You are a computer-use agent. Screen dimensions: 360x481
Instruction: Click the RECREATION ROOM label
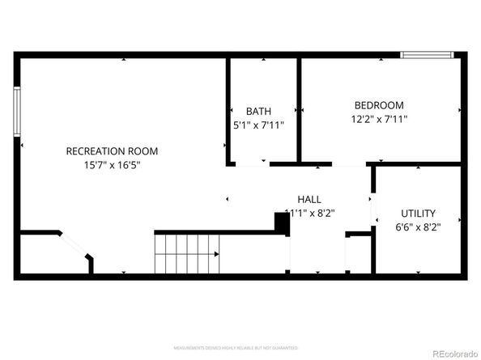click(112, 151)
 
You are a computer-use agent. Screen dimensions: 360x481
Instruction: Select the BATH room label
click(259, 112)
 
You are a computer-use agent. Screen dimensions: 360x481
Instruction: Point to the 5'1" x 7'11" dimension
click(259, 125)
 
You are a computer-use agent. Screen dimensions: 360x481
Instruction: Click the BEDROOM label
click(379, 105)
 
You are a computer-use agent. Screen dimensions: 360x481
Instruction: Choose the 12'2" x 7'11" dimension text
click(379, 120)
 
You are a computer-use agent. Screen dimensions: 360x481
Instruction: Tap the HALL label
click(309, 199)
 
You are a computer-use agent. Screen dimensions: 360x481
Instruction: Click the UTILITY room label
click(418, 214)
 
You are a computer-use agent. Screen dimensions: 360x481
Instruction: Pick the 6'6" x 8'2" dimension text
click(418, 227)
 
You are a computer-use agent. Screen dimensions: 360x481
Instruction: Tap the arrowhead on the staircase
click(216, 253)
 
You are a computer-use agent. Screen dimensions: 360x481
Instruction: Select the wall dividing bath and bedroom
click(299, 109)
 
